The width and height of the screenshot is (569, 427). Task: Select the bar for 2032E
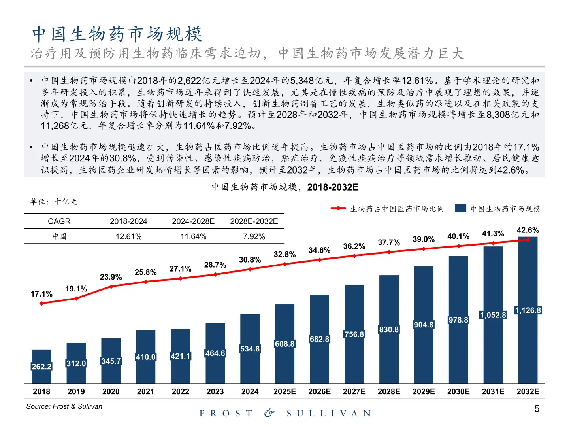[x=528, y=310]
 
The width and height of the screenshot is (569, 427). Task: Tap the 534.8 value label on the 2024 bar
[x=250, y=349]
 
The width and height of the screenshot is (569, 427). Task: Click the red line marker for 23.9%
[x=111, y=286]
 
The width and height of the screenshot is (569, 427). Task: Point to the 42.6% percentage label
[x=528, y=230]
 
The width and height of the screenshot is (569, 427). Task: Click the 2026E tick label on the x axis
[x=319, y=391]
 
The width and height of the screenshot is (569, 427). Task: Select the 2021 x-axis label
[x=145, y=391]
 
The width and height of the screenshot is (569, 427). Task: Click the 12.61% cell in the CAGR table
[x=128, y=236]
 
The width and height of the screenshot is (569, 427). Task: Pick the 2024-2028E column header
[x=193, y=221]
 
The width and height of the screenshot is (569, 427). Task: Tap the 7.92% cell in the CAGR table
[x=254, y=236]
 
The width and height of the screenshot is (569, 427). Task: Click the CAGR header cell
[x=59, y=221]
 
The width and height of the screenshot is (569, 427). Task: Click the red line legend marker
[x=338, y=208]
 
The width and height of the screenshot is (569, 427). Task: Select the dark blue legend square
[x=460, y=208]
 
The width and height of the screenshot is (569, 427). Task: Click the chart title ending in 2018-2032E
[x=284, y=187]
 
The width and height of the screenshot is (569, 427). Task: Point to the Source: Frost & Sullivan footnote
[x=64, y=406]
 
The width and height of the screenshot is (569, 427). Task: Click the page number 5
[x=537, y=409]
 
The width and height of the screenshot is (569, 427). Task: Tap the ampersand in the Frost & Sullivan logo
[x=269, y=413]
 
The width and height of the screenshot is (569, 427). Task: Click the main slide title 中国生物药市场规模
[x=117, y=34]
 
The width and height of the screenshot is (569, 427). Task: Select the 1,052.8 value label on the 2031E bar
[x=493, y=315]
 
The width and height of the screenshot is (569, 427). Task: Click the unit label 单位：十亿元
[x=54, y=202]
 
